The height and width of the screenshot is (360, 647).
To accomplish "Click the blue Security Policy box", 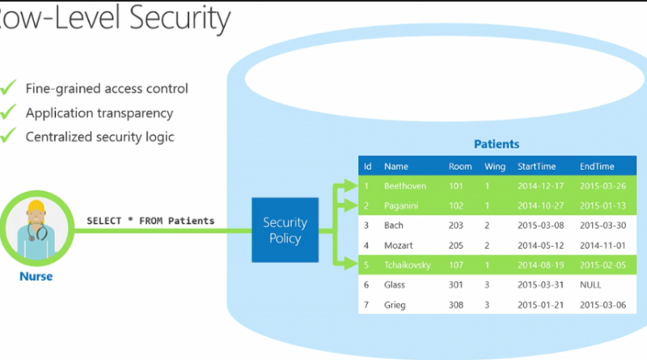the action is coord(285,230).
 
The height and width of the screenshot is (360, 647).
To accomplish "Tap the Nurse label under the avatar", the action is coord(36,276).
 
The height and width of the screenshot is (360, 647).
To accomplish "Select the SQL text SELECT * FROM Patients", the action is coord(150,221).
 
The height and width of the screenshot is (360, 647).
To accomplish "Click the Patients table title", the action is coord(497,144).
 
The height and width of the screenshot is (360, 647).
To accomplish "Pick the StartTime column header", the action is coord(536,167).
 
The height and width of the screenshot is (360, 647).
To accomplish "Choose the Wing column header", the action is coord(495,167).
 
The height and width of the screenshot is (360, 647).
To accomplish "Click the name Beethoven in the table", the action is coord(405,186).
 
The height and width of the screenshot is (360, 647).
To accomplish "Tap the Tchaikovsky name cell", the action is coord(408,265).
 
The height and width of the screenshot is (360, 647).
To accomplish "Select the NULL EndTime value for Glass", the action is coord(590,285).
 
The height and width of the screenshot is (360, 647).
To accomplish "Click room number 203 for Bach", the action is coord(455,226).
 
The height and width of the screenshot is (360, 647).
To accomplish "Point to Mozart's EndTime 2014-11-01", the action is coord(603,245).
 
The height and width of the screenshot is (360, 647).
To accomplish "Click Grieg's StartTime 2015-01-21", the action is coord(540,305).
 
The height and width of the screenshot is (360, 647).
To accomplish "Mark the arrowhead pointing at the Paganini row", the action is coord(350,205).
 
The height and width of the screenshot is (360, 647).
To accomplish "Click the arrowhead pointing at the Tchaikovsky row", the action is coord(350,263).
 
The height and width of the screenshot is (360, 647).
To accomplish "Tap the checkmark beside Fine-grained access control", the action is coord(8,87).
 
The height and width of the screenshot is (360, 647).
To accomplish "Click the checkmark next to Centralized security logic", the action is coord(8,135).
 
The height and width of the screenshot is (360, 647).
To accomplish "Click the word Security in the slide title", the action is coord(180,19).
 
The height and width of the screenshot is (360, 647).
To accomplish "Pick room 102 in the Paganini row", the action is coord(455,205).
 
